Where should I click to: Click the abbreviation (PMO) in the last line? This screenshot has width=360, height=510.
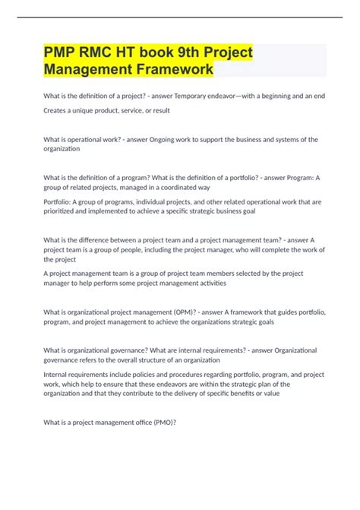(163, 423)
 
